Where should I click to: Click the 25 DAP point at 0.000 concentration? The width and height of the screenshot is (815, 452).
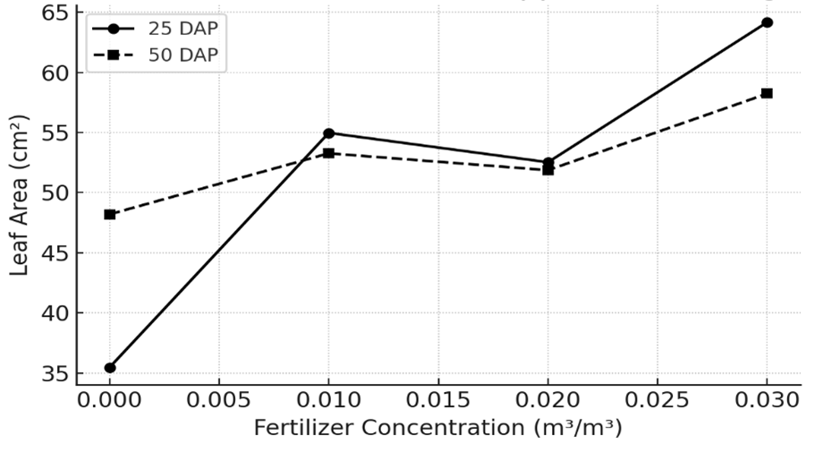click(110, 368)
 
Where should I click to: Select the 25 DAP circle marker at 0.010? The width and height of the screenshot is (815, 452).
click(328, 133)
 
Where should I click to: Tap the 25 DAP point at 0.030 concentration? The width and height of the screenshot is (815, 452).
click(767, 22)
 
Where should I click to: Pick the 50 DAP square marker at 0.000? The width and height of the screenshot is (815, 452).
click(110, 215)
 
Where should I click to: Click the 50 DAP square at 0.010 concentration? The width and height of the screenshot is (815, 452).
click(328, 153)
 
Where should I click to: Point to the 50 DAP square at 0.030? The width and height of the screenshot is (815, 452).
click(767, 93)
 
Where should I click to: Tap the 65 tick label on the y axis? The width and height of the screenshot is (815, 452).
click(53, 13)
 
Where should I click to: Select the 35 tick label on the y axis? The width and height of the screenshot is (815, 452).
click(53, 373)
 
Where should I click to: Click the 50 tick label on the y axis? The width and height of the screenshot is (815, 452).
click(53, 193)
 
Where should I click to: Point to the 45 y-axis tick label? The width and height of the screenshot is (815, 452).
click(53, 253)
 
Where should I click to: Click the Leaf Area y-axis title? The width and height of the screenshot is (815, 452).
click(20, 194)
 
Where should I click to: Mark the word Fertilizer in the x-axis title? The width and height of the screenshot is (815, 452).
click(301, 428)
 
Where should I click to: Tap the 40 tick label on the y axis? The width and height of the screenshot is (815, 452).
click(53, 313)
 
